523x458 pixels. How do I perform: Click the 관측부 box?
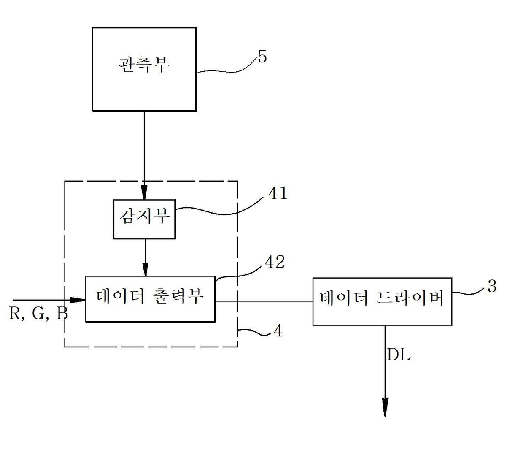144,69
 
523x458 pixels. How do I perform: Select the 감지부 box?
145,219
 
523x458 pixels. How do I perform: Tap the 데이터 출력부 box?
150,299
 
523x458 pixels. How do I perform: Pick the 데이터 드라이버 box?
382,301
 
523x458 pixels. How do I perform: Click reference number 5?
262,57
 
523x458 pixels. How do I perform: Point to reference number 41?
278,193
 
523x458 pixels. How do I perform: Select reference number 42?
275,262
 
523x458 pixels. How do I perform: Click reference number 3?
492,287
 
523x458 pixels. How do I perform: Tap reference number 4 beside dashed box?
278,331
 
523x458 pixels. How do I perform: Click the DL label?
399,355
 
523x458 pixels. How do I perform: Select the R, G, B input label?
38,314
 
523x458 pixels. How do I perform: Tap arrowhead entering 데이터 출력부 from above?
145,269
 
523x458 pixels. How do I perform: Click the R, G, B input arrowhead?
78,300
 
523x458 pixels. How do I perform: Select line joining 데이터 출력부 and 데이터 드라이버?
264,301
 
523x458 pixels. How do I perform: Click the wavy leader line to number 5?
228,70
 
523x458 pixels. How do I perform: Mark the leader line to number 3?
468,291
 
